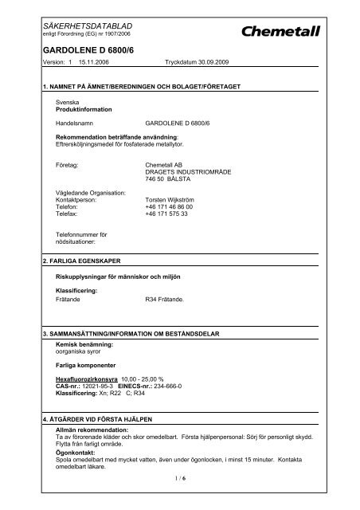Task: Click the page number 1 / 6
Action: coord(180,499)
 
